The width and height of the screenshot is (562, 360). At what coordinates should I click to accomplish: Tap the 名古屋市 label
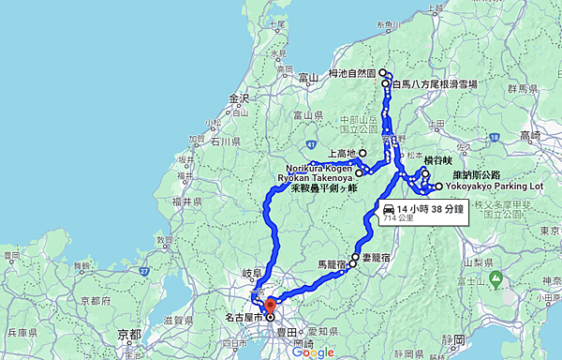244,318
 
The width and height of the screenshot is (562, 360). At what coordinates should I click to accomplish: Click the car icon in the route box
388,208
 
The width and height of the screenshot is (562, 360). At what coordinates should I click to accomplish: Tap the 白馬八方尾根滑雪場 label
434,84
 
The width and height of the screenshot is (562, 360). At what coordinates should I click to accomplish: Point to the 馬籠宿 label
332,265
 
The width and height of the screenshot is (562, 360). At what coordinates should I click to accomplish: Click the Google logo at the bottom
313,352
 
